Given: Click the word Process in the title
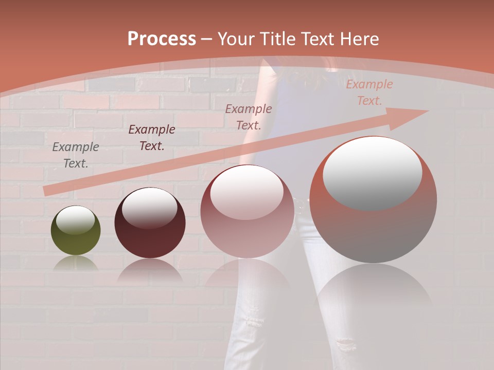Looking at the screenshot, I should (x=162, y=39).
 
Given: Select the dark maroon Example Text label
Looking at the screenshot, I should (x=151, y=138).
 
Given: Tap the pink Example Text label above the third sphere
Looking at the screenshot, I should (x=248, y=117).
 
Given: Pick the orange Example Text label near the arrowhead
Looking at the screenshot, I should (x=369, y=92).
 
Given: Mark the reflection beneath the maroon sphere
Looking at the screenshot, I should (x=149, y=270).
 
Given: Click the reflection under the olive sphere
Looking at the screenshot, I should (x=76, y=263).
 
